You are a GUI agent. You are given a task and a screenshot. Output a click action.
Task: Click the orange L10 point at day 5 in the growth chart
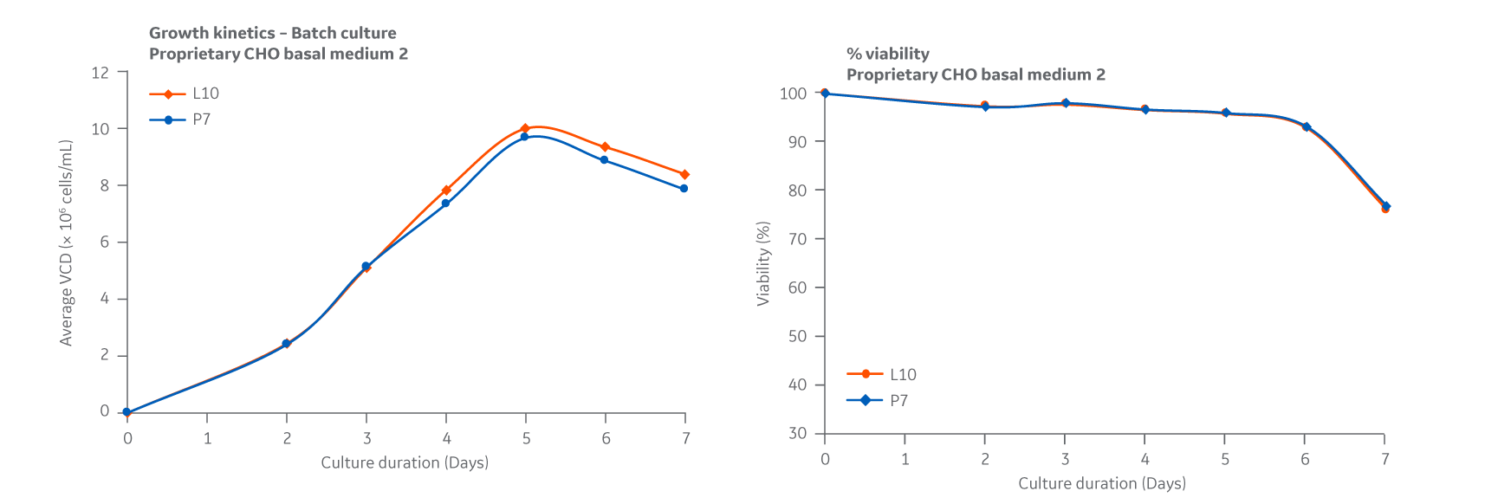525,128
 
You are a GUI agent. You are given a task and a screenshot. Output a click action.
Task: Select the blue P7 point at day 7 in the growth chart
684,189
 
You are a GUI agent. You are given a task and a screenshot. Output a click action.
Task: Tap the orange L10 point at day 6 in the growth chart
605,147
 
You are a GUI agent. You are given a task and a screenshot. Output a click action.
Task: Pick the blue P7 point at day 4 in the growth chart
446,204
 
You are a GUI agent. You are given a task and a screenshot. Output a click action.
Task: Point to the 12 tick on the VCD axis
101,73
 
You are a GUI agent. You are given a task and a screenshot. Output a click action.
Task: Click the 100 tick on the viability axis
793,94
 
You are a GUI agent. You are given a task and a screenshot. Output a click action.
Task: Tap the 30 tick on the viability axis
797,433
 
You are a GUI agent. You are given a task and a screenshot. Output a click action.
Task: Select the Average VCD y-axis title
66,243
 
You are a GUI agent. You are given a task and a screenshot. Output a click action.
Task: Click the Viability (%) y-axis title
763,263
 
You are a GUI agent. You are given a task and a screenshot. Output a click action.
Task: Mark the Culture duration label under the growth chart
405,462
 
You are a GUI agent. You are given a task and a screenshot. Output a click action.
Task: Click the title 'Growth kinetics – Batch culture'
273,33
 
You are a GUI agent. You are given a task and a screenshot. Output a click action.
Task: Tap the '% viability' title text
888,54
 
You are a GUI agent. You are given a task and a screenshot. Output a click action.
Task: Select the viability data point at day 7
1385,207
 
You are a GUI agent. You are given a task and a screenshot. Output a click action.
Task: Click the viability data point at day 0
825,94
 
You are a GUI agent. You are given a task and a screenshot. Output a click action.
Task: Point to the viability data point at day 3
1065,103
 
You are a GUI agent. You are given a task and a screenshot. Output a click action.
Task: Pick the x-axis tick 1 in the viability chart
905,459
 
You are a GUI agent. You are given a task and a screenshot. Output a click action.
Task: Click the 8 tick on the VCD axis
105,185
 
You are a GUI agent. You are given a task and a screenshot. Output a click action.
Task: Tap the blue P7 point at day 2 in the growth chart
287,344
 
